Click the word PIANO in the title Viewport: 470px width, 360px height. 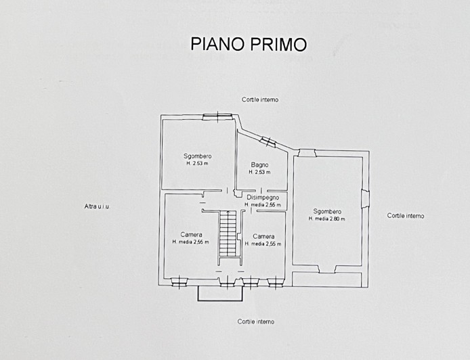coord(217,45)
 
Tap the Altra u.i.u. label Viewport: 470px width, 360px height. coord(97,206)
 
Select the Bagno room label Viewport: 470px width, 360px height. coord(259,164)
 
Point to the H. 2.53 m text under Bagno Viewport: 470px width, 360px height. coord(259,172)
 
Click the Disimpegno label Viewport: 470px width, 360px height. coord(263,198)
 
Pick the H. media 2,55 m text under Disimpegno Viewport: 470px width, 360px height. coord(263,205)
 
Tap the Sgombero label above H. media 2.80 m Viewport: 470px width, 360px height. coord(327,211)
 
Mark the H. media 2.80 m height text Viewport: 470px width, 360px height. coord(327,219)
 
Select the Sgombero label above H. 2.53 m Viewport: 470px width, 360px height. coord(198,156)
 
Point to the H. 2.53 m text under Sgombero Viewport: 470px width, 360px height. coord(198,164)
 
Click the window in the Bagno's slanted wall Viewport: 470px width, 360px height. coord(268,141)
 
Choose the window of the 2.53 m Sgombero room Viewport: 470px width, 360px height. coord(217,116)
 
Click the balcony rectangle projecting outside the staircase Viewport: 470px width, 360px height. coord(219,293)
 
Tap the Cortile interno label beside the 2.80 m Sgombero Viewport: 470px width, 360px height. coord(406,216)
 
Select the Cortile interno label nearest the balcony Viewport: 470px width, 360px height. coord(256,321)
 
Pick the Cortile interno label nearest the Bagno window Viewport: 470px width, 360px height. coord(260,99)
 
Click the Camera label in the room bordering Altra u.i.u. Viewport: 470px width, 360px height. coord(191,235)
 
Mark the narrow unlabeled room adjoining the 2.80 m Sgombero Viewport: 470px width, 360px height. coord(326,279)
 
